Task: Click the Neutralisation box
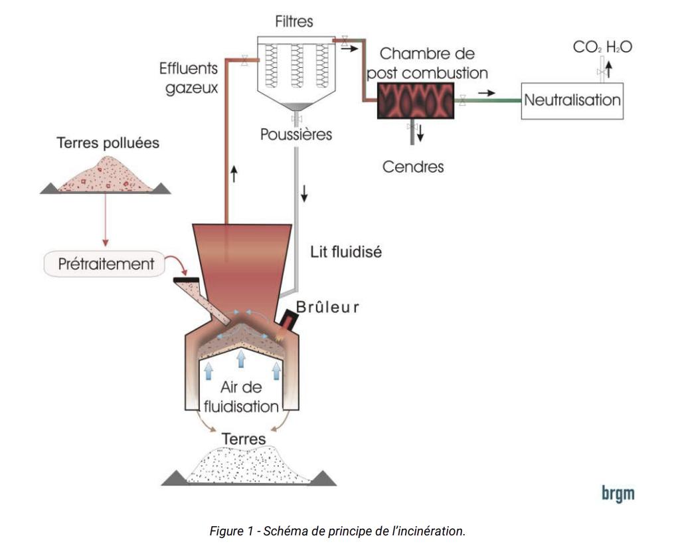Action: coord(572,101)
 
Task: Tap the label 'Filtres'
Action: coord(294,23)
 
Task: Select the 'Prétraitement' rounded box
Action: coord(104,263)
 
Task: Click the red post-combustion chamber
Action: coord(416,100)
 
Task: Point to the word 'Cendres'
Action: coord(413,167)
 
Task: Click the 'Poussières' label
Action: coord(296,135)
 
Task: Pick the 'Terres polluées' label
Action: coord(108,143)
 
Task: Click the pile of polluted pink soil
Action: coord(106,176)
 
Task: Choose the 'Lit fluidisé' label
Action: coord(346,252)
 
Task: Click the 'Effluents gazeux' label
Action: coord(189,78)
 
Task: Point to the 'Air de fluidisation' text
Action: coord(241,397)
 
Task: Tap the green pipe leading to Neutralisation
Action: coord(491,101)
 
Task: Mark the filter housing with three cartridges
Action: coord(296,66)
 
